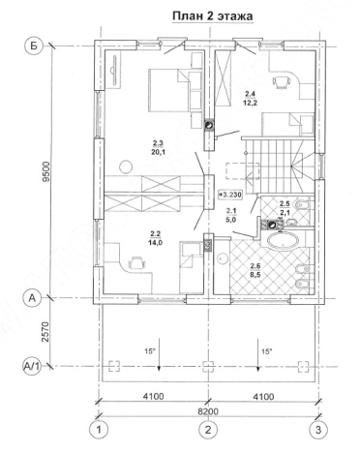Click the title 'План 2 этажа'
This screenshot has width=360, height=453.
(213, 16)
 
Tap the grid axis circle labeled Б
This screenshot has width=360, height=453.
(34, 45)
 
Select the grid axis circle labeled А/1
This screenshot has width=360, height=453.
(33, 367)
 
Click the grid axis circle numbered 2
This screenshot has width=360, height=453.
(208, 430)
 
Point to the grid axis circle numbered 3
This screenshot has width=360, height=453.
(318, 430)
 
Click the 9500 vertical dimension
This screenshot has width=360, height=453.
(47, 172)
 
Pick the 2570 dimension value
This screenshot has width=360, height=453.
(47, 332)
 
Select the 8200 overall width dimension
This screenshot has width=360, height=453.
(208, 411)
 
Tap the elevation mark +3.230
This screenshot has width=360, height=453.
(230, 195)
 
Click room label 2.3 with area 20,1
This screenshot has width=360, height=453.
(158, 147)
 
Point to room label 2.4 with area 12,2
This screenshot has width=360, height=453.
(251, 99)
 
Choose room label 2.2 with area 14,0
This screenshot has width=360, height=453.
(156, 238)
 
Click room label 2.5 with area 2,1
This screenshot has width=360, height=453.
(285, 207)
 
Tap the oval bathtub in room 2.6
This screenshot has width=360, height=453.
(284, 240)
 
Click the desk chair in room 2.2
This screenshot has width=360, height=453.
(137, 263)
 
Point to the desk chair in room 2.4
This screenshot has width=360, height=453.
(282, 82)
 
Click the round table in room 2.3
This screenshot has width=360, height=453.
(126, 166)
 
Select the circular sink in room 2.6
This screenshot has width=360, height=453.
(222, 258)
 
